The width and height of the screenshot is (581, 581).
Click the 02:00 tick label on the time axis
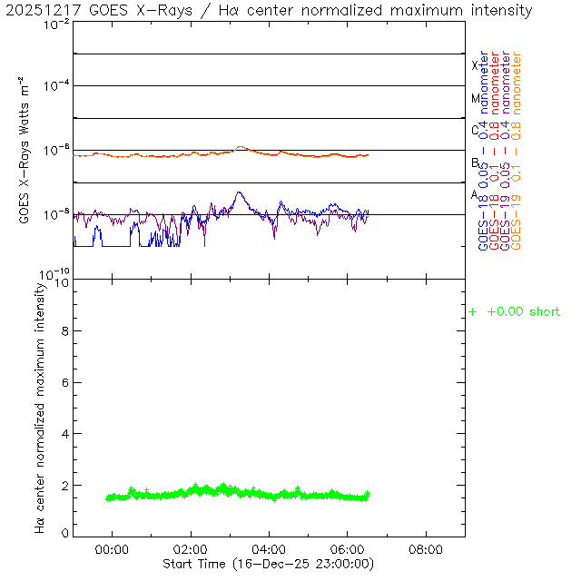click(x=191, y=549)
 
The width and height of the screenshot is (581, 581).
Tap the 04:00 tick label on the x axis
click(x=269, y=549)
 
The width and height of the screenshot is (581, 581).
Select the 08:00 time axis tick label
click(x=426, y=549)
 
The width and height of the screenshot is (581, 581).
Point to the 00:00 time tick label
click(x=112, y=549)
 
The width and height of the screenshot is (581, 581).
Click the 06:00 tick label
click(x=348, y=549)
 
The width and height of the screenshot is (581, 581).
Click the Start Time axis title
click(x=269, y=564)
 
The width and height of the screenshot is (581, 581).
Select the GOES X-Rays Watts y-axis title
click(x=25, y=150)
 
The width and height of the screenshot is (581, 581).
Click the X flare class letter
click(x=474, y=65)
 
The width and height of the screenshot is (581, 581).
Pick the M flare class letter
click(x=474, y=98)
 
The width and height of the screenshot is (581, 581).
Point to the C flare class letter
click(x=474, y=130)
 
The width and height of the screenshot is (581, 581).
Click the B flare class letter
click(x=474, y=162)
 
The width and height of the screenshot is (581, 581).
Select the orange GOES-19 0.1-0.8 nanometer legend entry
click(x=517, y=150)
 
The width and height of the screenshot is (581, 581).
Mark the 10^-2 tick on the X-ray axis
click(x=55, y=25)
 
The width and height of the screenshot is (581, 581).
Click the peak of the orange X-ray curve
click(x=241, y=147)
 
